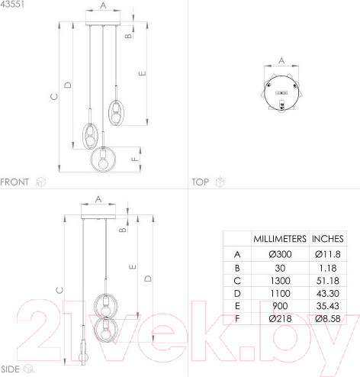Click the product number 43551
tap(12, 4)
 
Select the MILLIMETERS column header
tap(280, 239)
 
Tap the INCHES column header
tap(328, 239)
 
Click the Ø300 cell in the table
tap(280, 254)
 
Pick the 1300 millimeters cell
tap(280, 281)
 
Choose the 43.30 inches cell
tap(328, 293)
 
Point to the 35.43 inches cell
tap(328, 306)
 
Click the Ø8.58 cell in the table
tap(328, 318)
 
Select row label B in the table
tap(237, 268)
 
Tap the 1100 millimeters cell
tap(280, 293)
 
